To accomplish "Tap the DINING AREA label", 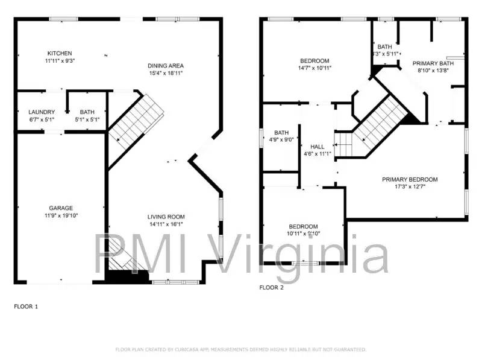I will (166, 66).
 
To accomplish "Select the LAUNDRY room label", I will (42, 112).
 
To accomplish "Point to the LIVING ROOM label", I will (166, 217).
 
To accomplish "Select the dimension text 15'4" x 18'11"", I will (166, 73).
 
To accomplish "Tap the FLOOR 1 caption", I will (26, 306).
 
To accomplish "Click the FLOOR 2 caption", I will (271, 288).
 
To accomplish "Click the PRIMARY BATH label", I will (433, 63).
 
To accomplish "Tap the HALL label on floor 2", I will (317, 147).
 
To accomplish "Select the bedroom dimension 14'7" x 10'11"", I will (315, 68).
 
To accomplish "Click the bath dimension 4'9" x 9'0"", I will (281, 139).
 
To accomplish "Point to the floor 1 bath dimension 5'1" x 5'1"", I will (87, 119).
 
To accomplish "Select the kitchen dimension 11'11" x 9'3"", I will (60, 60).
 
